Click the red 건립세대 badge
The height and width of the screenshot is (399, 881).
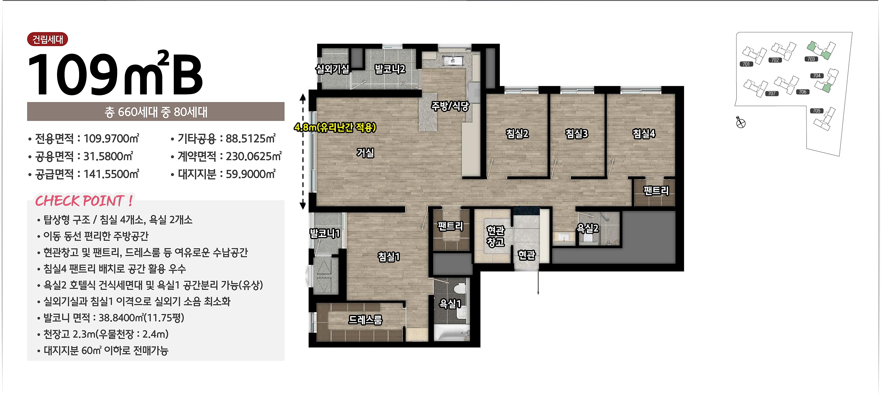pyautogui.click(x=48, y=39)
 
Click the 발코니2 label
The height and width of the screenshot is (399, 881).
pyautogui.click(x=390, y=69)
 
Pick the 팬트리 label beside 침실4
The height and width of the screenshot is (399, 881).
pyautogui.click(x=656, y=190)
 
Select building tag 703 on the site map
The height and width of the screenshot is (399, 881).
pyautogui.click(x=811, y=59)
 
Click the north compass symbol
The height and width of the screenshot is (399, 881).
pyautogui.click(x=740, y=122)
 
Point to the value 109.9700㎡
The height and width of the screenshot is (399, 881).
pyautogui.click(x=111, y=138)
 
